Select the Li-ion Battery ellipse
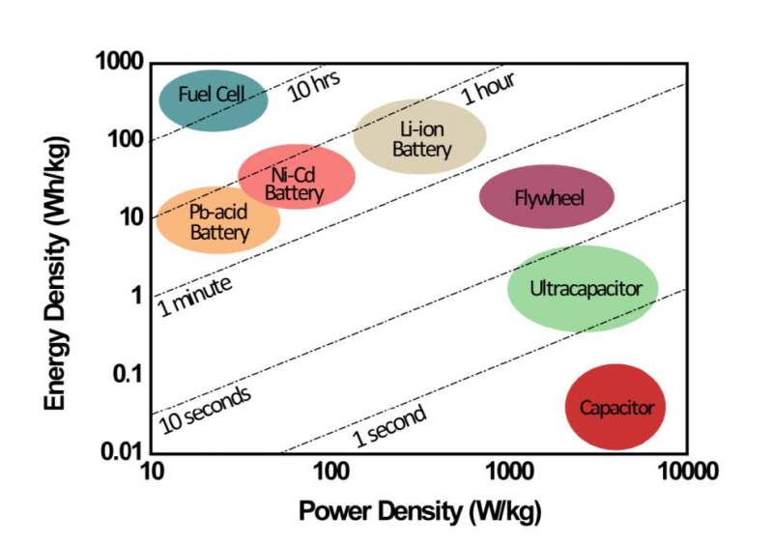419,136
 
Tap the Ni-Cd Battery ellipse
296,179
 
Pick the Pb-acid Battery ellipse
218,219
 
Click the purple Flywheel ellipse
547,197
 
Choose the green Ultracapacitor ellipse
583,287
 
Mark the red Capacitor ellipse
616,407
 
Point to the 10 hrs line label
315,86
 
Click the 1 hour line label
488,88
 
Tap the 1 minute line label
194,295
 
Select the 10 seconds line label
206,410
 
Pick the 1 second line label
388,426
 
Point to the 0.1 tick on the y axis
126,374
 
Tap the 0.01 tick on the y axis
122,451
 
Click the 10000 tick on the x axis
687,473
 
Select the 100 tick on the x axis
331,473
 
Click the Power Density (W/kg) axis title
418,510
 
